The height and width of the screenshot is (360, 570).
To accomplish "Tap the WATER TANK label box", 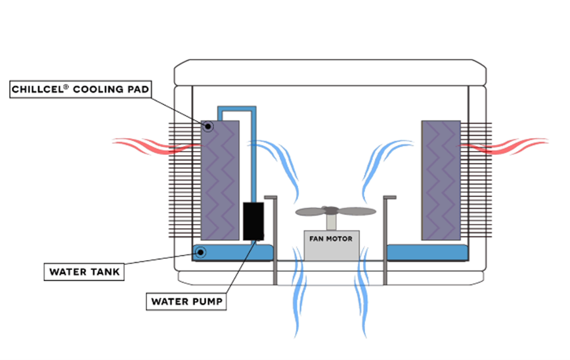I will tap(85, 271).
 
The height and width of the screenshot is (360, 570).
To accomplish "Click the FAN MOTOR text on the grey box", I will tap(331, 238).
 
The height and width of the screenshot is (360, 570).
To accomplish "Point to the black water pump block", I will tap(253, 221).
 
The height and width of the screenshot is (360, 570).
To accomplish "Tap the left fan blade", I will tap(311, 212).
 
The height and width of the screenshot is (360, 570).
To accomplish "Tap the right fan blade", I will tap(357, 212).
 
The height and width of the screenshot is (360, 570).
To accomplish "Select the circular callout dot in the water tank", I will tap(200, 252).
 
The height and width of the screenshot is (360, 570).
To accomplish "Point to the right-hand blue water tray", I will tap(427, 252).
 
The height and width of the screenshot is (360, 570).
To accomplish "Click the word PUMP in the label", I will tap(207, 302).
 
